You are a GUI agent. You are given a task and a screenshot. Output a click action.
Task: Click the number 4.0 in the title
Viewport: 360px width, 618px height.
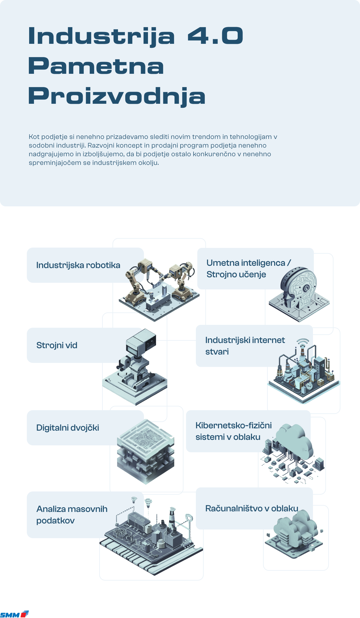pyautogui.click(x=215, y=36)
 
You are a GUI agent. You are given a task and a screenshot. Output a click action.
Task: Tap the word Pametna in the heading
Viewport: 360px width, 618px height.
pyautogui.click(x=96, y=66)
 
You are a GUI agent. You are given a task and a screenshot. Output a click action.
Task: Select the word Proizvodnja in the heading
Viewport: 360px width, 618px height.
pyautogui.click(x=117, y=97)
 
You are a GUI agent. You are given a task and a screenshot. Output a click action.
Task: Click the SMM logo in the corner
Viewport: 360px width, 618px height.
pyautogui.click(x=14, y=614)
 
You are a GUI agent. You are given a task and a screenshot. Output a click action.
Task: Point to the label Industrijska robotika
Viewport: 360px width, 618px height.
pyautogui.click(x=78, y=265)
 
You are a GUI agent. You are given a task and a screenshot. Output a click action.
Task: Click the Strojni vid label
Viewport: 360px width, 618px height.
pyautogui.click(x=57, y=345)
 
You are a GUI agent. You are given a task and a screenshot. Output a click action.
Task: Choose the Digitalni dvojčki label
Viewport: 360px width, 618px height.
pyautogui.click(x=67, y=428)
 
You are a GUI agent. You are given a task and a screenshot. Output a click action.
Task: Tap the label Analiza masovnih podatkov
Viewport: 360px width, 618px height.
pyautogui.click(x=72, y=515)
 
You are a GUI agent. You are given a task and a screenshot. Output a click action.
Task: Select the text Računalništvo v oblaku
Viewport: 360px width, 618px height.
pyautogui.click(x=252, y=508)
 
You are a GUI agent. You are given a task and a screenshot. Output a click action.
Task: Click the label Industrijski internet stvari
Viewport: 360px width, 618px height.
pyautogui.click(x=245, y=346)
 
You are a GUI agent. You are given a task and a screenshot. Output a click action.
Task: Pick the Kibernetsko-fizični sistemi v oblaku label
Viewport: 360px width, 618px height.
pyautogui.click(x=234, y=431)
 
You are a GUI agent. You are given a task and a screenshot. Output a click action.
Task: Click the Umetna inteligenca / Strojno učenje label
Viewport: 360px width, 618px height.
pyautogui.click(x=249, y=269)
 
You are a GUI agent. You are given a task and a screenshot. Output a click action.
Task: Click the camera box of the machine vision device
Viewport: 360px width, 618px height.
pyautogui.click(x=141, y=342)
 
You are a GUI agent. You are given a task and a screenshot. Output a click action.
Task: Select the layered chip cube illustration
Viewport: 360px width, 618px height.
pyautogui.click(x=146, y=452)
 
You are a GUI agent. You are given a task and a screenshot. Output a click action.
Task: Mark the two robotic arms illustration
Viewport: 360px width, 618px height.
pyautogui.click(x=159, y=289)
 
